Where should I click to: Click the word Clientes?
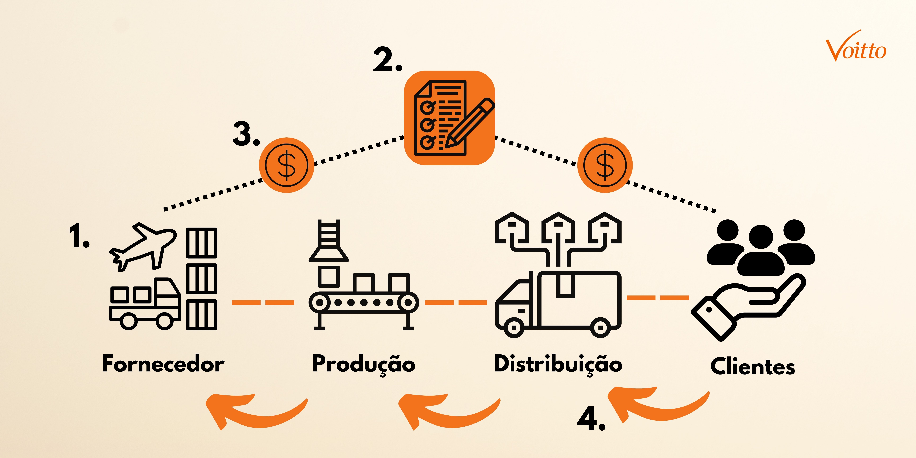pyautogui.click(x=752, y=366)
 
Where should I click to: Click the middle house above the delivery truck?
pyautogui.click(x=558, y=228)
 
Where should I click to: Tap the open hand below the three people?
pyautogui.click(x=747, y=306)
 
